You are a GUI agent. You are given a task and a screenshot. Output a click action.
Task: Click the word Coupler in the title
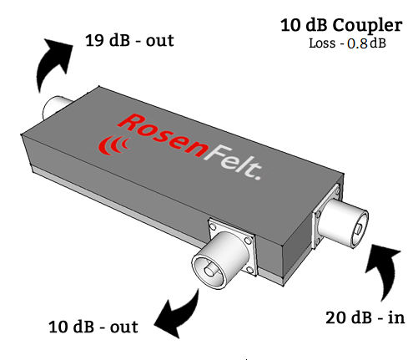coord(367,27)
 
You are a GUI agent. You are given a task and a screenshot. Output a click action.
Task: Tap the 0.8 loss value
coord(358,43)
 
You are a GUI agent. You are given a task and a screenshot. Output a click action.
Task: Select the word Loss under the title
coord(322,43)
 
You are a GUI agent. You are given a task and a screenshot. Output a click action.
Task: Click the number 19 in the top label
coord(94,40)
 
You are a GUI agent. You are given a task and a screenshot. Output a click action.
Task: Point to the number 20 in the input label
coord(336,317)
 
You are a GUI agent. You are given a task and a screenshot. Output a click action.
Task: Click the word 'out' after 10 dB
coord(123,327)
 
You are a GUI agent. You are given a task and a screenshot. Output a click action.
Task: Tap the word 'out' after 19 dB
coord(160,41)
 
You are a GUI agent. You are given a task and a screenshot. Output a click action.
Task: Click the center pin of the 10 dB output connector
coord(209,271)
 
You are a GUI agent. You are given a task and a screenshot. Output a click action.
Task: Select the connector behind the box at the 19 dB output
coord(56,107)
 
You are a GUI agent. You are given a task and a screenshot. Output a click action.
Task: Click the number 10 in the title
coord(291,25)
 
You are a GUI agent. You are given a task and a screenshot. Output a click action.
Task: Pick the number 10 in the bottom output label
coord(58,327)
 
